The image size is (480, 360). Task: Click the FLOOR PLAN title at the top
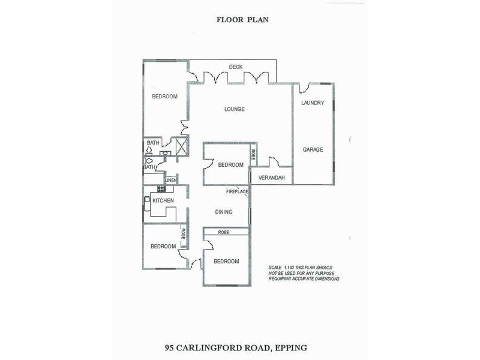click(242, 19)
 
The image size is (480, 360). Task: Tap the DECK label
click(236, 67)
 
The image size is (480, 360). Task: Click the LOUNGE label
click(234, 109)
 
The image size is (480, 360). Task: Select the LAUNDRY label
click(313, 103)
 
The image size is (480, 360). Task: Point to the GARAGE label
click(313, 149)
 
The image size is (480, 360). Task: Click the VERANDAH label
click(271, 178)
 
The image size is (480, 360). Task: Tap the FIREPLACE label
click(237, 191)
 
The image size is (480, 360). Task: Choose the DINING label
click(223, 212)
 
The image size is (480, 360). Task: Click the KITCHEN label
click(163, 200)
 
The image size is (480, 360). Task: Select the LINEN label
click(172, 180)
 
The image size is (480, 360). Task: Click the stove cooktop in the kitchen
click(161, 189)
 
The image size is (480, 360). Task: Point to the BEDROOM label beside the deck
click(164, 97)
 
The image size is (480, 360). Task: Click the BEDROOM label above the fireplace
click(230, 165)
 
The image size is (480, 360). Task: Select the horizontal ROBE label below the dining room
click(223, 232)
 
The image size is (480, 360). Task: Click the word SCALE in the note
click(275, 267)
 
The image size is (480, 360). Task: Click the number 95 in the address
click(171, 347)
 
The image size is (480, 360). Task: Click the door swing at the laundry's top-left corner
click(304, 89)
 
